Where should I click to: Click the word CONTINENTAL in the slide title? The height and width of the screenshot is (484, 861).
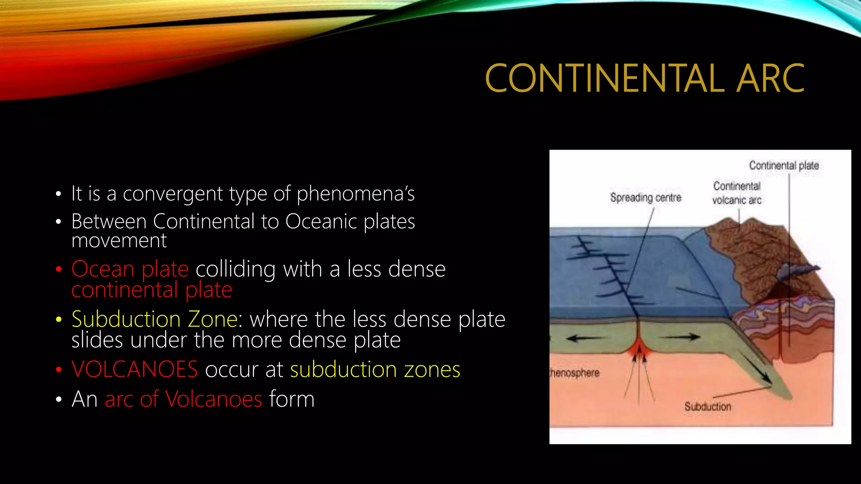click(605, 79)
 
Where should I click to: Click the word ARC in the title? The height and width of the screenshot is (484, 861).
click(770, 79)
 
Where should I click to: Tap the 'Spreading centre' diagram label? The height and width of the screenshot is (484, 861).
click(645, 197)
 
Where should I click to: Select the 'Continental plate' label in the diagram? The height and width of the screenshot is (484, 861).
click(784, 166)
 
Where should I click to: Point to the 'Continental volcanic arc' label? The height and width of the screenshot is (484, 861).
click(737, 193)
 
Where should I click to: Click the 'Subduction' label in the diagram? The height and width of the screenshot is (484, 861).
click(708, 407)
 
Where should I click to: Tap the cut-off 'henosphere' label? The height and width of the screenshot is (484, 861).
click(575, 373)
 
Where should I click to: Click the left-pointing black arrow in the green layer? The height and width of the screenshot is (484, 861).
click(584, 338)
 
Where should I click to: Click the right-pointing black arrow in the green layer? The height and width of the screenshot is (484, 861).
click(683, 336)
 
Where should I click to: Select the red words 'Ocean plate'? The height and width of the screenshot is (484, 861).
click(130, 269)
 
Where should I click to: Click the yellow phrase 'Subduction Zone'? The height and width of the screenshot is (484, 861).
click(154, 319)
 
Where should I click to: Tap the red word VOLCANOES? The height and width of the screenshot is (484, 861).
click(135, 370)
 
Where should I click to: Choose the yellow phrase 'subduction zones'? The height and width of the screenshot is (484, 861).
click(375, 370)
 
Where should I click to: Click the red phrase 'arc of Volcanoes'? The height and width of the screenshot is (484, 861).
click(183, 399)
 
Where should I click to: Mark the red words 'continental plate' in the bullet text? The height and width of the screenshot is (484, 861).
click(152, 290)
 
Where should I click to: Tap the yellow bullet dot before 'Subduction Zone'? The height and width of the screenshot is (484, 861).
click(59, 320)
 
